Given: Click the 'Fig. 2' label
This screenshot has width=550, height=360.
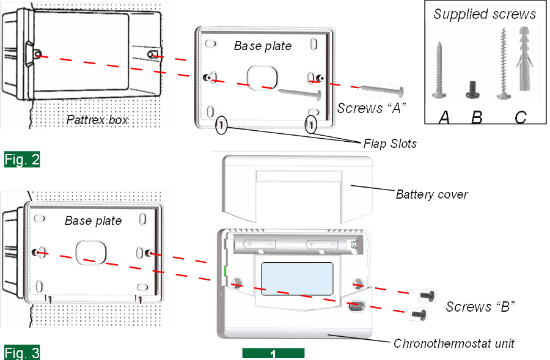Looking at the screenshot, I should pos(22,160).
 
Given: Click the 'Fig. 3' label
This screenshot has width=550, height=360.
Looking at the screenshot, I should pos(22,353).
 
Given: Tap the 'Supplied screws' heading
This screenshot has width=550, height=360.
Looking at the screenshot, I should pos(485,14).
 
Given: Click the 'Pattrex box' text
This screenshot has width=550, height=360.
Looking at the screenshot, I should pos(97,120).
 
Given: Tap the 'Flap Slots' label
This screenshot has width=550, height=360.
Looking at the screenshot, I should pos(390,144).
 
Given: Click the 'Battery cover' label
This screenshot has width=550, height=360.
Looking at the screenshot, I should pos(431,195).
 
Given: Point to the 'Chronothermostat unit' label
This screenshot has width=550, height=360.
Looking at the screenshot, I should pos(453,343).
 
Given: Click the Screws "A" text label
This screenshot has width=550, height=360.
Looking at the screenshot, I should pos(371,108).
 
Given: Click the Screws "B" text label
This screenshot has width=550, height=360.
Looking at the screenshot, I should pos(480,307).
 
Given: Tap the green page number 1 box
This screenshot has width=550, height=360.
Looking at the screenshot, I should pos(273,354).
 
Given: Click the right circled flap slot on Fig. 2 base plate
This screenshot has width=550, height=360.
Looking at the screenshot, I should pos(312,124).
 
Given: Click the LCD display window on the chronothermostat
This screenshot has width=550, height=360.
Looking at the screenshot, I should pos(297,279).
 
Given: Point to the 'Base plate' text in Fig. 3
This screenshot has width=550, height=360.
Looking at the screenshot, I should pos(93,221).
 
